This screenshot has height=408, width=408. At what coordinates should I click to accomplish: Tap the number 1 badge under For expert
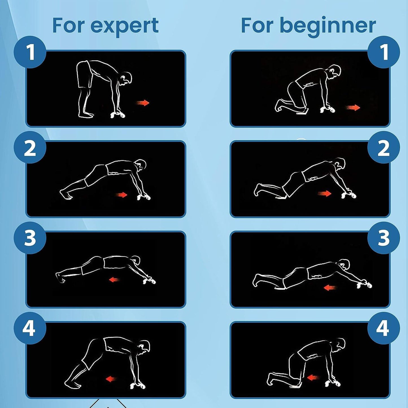(x=30, y=52)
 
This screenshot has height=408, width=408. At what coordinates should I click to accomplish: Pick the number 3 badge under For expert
(x=30, y=237)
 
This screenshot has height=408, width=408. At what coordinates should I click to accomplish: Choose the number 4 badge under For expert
(x=30, y=328)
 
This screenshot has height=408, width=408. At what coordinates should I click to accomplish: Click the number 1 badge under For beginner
(x=384, y=52)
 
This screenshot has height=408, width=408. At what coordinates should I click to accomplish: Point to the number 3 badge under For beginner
(x=384, y=237)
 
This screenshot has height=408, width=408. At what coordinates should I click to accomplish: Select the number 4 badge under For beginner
(x=384, y=328)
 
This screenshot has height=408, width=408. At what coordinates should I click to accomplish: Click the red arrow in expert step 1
(x=143, y=103)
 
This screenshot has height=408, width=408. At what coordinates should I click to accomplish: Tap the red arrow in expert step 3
(x=114, y=280)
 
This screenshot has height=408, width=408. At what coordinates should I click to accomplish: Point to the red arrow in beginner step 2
(x=325, y=193)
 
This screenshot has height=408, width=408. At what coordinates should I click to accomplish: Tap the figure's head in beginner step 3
(x=344, y=264)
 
